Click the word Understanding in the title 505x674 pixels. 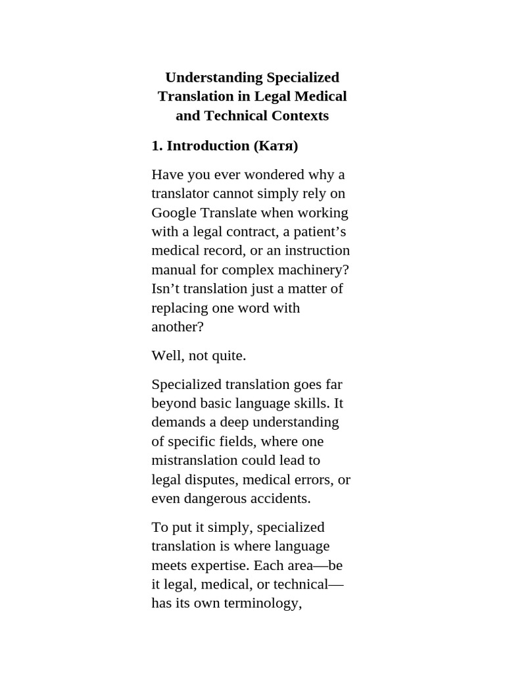(x=204, y=78)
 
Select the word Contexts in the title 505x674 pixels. (x=299, y=116)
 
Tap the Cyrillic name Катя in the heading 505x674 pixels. (x=276, y=146)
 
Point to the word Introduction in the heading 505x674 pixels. (x=208, y=146)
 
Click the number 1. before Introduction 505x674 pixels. (x=157, y=146)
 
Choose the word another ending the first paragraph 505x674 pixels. (x=175, y=327)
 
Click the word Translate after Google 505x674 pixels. (x=229, y=213)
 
